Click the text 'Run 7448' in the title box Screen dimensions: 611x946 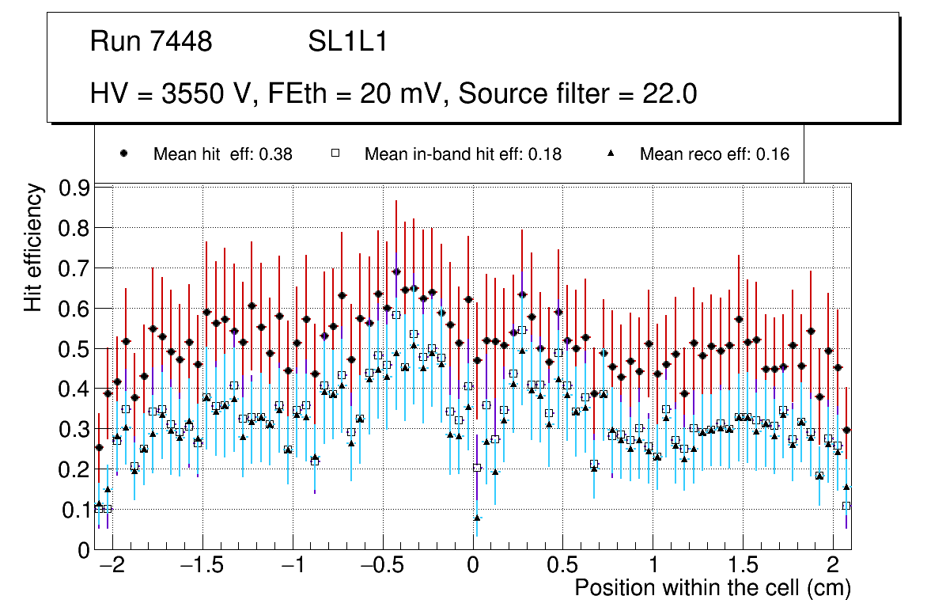(151, 42)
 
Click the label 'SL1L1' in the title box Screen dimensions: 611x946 (347, 42)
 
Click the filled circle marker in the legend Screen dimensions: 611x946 (123, 154)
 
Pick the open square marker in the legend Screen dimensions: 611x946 (335, 154)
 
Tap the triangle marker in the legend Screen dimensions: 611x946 (611, 154)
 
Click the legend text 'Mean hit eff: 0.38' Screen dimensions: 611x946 (223, 154)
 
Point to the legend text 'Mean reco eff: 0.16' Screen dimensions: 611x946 (714, 154)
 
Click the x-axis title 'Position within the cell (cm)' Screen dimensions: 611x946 (713, 589)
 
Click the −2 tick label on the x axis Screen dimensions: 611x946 (113, 567)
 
